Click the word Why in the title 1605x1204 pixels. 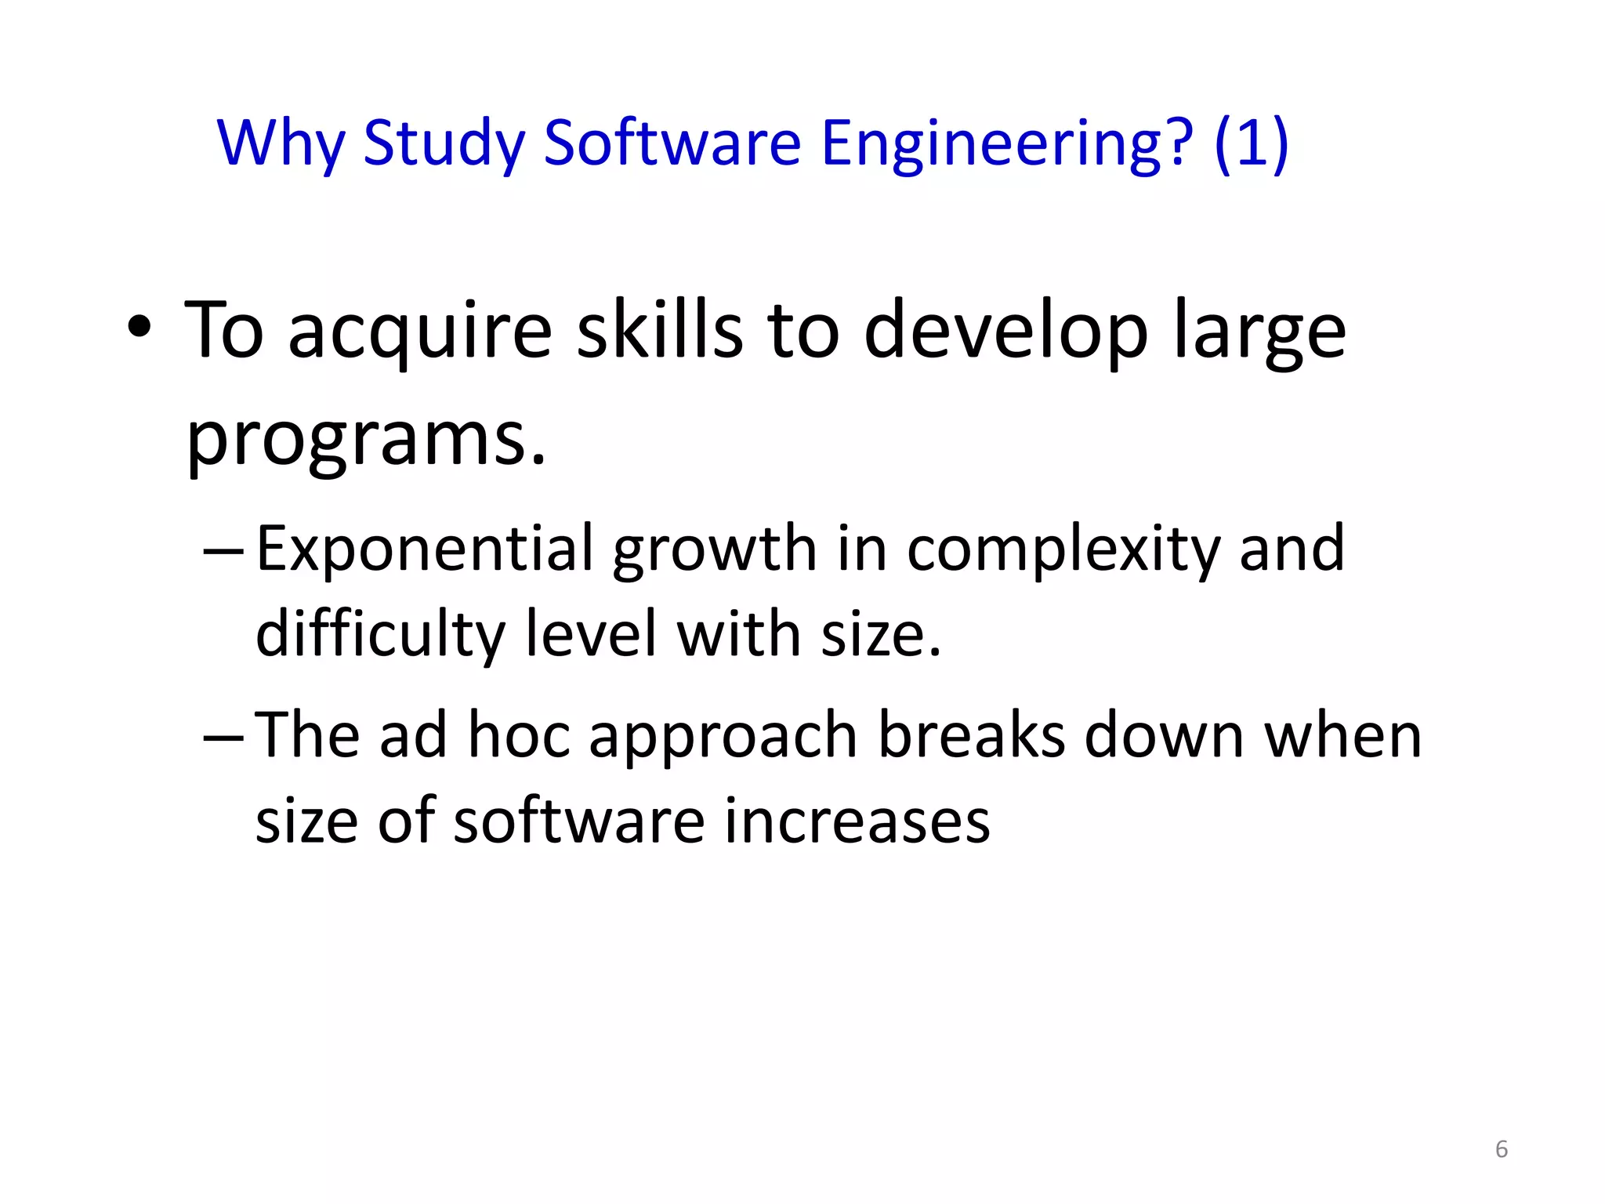pyautogui.click(x=281, y=143)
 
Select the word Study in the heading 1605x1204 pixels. pyautogui.click(x=444, y=143)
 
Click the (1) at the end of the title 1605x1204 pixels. pyautogui.click(x=1251, y=143)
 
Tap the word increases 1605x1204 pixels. pyautogui.click(x=857, y=821)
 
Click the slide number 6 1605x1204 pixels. pyautogui.click(x=1501, y=1149)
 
